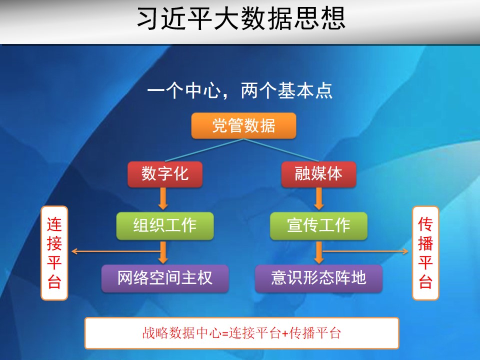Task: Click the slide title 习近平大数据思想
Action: [x=241, y=19]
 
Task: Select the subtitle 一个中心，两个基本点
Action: [x=239, y=90]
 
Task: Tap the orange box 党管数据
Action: [x=243, y=125]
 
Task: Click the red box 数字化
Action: [x=165, y=174]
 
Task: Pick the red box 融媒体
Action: [x=318, y=174]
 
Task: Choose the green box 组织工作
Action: [x=165, y=225]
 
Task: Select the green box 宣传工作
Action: [x=318, y=225]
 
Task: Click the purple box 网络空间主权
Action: [x=165, y=278]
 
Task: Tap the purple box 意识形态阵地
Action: [x=318, y=278]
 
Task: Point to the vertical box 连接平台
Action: [x=54, y=253]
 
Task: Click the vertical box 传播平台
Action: [x=425, y=253]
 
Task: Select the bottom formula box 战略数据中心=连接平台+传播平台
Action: [x=242, y=333]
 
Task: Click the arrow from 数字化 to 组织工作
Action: [x=163, y=198]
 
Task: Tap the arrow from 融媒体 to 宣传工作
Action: [x=319, y=198]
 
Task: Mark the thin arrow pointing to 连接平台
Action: [x=116, y=251]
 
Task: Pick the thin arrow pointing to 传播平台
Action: [x=365, y=251]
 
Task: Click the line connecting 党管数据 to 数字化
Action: [x=204, y=150]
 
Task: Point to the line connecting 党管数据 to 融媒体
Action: [x=281, y=150]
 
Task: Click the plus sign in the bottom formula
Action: [x=285, y=333]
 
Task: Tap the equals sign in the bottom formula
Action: [x=225, y=333]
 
